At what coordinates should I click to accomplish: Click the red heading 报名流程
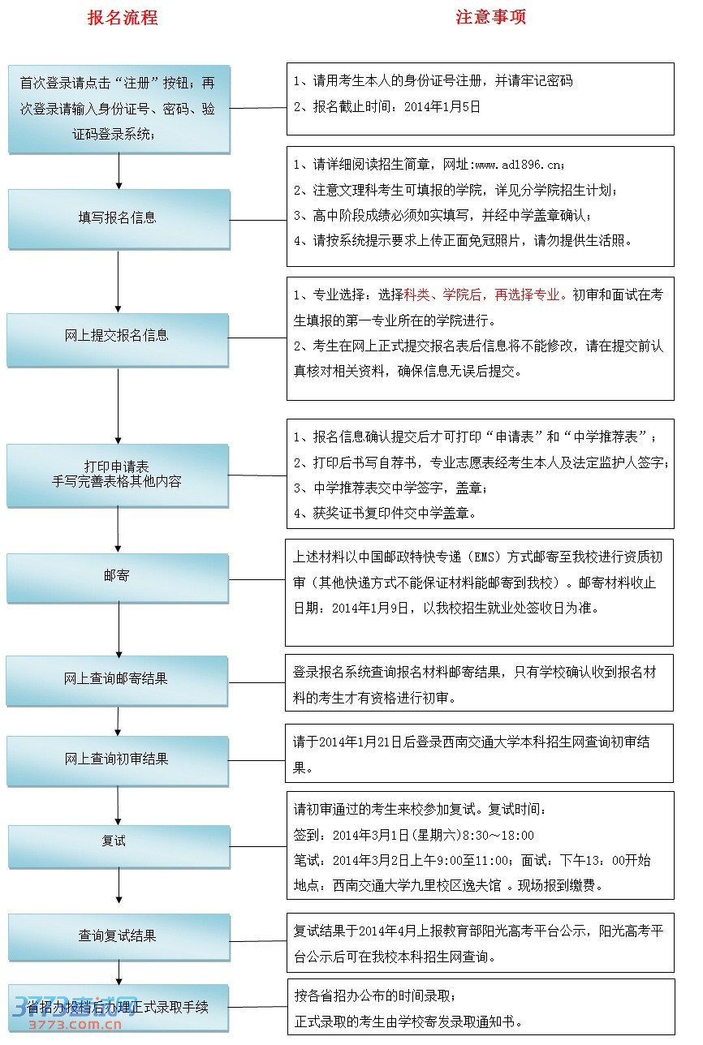[122, 18]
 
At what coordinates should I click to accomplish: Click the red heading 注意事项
[490, 18]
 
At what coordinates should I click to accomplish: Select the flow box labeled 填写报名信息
[119, 218]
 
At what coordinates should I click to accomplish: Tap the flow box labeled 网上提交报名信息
[119, 336]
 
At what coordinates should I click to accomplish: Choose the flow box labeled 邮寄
[117, 577]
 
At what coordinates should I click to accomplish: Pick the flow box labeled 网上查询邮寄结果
[117, 679]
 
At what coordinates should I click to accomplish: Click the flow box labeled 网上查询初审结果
[117, 759]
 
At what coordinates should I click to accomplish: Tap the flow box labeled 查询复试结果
[118, 936]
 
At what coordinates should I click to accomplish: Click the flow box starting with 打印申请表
[118, 475]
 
